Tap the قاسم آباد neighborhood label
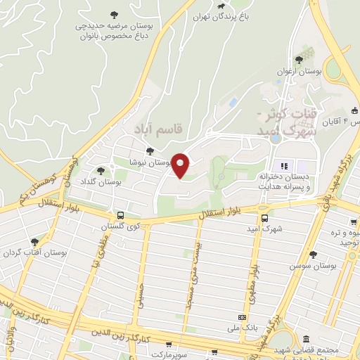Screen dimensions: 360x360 [158, 129]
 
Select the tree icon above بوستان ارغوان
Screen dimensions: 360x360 [300, 60]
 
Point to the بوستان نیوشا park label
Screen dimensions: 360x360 [152, 162]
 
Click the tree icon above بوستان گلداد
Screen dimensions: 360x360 [101, 170]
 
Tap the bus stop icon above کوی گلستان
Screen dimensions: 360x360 [120, 214]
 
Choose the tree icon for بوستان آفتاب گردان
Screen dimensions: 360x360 [34, 241]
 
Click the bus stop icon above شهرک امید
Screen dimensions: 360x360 [264, 218]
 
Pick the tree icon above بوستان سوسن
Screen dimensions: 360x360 [313, 255]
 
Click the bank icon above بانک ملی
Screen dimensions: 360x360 [242, 318]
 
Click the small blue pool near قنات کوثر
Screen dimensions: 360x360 [233, 103]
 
